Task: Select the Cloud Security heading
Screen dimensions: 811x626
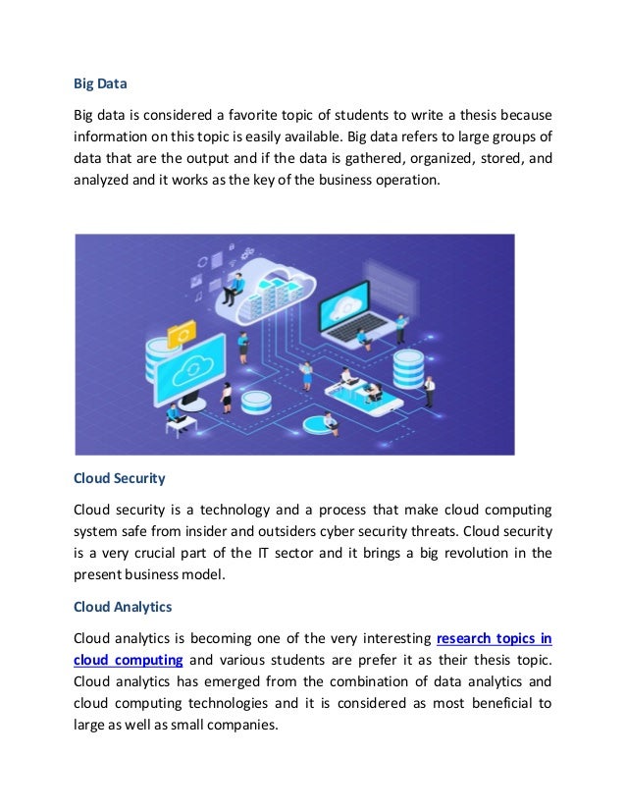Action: point(120,480)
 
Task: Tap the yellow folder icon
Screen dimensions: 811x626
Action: point(182,334)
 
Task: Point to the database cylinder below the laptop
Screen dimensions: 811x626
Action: point(405,369)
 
